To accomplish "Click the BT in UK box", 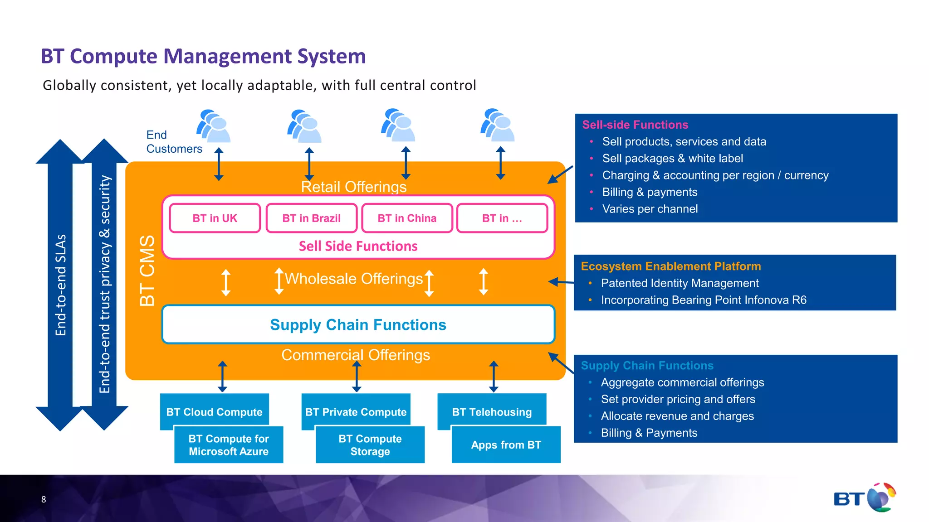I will point(215,218).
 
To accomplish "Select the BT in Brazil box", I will point(311,218).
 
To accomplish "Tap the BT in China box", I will point(407,218).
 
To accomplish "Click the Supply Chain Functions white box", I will point(358,324).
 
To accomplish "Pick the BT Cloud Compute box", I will point(214,411).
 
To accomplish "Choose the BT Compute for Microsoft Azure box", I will point(229,445).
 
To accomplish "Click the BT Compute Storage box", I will point(370,445).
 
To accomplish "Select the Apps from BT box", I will point(506,445).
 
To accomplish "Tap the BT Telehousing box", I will point(492,411).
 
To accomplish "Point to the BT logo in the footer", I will point(864,498).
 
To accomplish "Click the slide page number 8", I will point(44,499).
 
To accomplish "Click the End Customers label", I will point(174,142).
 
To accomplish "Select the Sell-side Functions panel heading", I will point(635,125).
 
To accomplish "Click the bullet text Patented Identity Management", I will point(680,283).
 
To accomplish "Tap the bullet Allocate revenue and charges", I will point(677,416).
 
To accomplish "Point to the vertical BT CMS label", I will point(147,271).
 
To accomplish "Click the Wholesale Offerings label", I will point(353,279).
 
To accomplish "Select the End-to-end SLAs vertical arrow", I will point(60,285).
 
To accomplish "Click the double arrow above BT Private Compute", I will point(357,376).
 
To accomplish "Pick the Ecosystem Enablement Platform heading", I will point(670,266).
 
